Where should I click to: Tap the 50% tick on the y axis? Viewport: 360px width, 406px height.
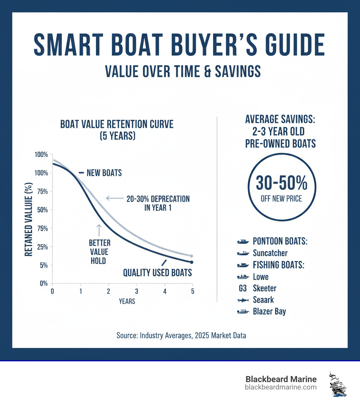42,210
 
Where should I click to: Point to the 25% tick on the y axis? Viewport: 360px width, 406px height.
42,247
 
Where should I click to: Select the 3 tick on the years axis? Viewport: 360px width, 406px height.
136,291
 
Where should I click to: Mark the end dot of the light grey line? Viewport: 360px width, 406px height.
192,256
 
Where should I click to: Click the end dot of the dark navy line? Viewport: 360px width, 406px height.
192,262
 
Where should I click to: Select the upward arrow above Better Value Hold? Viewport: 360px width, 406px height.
99,230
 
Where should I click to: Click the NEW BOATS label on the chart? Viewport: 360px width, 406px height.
104,173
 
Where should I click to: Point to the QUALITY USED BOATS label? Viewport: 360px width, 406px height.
157,273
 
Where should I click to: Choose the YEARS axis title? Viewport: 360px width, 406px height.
127,302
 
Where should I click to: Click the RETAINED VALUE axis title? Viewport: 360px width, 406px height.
30,221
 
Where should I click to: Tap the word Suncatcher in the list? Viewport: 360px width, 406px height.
270,253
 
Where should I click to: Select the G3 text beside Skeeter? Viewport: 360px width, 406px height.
243,288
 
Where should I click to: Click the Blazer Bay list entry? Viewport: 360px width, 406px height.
269,312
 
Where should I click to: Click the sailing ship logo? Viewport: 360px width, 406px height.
338,384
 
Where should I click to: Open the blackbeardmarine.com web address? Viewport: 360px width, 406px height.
281,387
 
